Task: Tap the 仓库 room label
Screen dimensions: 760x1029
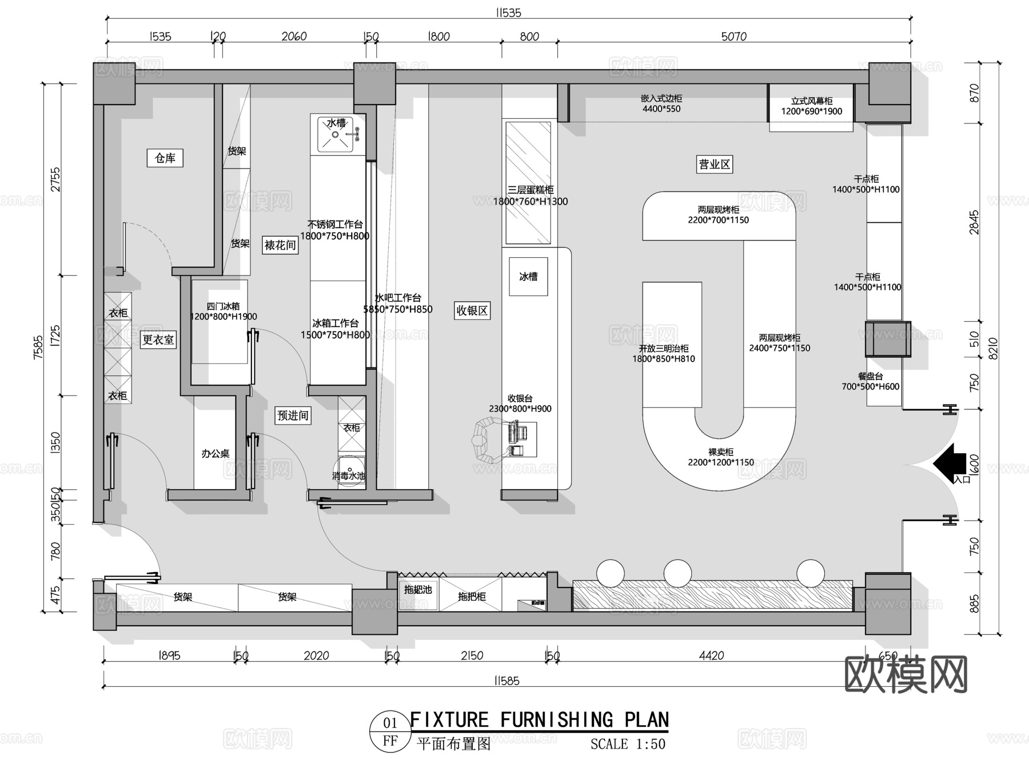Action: click(x=165, y=158)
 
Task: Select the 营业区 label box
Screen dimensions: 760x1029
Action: click(x=714, y=165)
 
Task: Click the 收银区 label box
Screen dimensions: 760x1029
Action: click(x=472, y=311)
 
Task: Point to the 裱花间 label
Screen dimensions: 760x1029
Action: click(x=280, y=245)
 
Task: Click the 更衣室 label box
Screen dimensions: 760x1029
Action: click(x=158, y=339)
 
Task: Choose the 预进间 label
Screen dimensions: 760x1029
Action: click(x=293, y=415)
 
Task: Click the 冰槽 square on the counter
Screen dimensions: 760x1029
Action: click(x=528, y=277)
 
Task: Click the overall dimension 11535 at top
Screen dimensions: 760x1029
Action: click(x=508, y=13)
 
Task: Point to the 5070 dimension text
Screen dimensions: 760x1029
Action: click(x=733, y=37)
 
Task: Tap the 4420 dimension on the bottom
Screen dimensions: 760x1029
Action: click(x=711, y=655)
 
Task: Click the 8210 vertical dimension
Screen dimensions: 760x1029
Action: click(x=993, y=348)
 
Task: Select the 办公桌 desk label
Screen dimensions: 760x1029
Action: click(x=215, y=453)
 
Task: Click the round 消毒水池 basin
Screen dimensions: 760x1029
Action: click(x=350, y=470)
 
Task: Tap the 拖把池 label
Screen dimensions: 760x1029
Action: click(x=418, y=589)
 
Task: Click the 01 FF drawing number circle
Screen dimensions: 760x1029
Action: click(x=390, y=731)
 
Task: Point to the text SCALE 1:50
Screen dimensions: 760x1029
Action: click(x=628, y=743)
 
